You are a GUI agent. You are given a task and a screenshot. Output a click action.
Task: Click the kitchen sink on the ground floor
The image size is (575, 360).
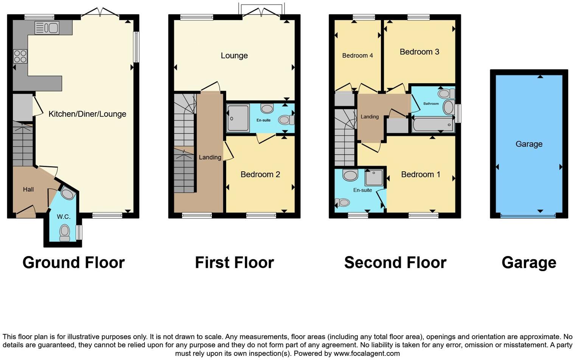[47, 28]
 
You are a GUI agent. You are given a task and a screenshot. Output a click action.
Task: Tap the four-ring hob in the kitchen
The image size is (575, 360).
[20, 56]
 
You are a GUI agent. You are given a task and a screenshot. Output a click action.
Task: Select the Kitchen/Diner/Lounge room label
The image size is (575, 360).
[87, 114]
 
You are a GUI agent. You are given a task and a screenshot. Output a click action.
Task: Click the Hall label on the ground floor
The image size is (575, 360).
[28, 189]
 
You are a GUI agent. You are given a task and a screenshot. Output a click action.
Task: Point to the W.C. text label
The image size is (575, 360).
[64, 217]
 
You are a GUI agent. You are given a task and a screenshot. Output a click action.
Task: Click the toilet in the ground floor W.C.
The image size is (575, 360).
[65, 232]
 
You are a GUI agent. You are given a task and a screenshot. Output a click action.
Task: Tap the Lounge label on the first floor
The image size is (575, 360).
[234, 56]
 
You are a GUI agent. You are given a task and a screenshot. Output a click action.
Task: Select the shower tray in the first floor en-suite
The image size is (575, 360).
[238, 118]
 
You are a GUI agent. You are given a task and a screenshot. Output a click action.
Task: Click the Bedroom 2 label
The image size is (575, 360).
[260, 174]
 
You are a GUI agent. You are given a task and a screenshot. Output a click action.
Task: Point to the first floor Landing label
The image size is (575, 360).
[210, 157]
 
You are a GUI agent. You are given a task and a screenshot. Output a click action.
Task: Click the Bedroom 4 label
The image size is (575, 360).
[357, 56]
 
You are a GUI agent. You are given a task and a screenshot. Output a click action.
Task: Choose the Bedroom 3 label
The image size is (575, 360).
[420, 52]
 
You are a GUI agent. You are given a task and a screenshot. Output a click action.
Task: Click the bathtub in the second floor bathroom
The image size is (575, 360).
[433, 125]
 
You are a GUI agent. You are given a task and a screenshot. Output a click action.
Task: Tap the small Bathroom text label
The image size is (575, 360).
[431, 104]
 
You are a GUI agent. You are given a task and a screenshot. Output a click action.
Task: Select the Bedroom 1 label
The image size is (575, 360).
[421, 174]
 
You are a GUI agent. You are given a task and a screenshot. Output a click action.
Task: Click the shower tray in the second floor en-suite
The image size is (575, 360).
[374, 177]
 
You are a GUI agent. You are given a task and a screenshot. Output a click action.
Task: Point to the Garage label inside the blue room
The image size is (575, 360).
[529, 144]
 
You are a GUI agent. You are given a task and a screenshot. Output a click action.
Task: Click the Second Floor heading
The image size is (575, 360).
[395, 262]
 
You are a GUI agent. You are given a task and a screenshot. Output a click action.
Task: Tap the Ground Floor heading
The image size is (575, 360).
[73, 262]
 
